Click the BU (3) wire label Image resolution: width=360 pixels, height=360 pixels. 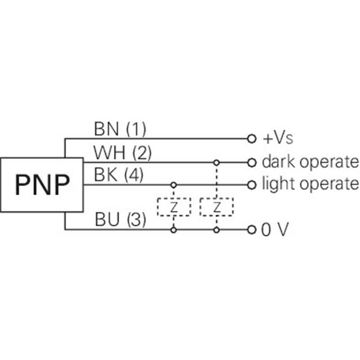point(121,220)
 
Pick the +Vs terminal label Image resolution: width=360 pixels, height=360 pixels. point(278,138)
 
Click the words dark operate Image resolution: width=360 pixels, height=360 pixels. point(310,162)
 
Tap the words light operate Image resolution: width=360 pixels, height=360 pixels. point(310,184)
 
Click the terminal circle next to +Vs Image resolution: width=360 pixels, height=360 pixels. point(252,139)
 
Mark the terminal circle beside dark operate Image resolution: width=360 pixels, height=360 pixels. point(252,162)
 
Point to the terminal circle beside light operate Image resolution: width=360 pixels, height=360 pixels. point(252,184)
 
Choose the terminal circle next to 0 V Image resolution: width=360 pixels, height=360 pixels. point(252,230)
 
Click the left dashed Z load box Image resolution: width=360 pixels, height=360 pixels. point(174,207)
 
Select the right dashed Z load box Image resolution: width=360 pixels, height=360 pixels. point(216,207)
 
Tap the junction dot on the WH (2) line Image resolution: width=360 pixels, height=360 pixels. point(216,162)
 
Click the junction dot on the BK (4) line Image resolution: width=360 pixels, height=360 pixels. point(174,184)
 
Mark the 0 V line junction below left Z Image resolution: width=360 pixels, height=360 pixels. point(174,230)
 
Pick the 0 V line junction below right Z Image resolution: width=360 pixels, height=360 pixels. point(216,230)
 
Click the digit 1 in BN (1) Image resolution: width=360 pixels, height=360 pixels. point(136,130)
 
